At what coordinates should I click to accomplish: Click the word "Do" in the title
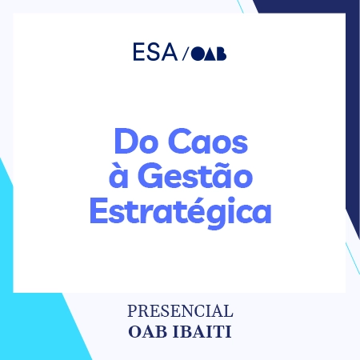tap(132, 142)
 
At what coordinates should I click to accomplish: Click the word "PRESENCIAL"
tap(180, 310)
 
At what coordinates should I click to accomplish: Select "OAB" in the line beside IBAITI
tap(147, 330)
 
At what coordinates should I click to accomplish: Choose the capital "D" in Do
tap(122, 142)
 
